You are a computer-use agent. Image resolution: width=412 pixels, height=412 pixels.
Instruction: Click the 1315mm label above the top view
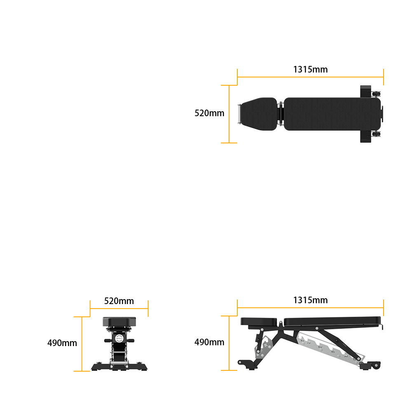point(310,69)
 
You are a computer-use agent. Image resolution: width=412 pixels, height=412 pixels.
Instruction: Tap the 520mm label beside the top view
point(209,113)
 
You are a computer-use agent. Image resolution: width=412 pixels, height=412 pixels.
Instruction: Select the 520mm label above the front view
point(119,301)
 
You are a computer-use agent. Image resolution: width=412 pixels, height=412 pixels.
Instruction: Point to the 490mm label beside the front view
point(62,343)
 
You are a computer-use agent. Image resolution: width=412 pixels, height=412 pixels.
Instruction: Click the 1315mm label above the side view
point(310,300)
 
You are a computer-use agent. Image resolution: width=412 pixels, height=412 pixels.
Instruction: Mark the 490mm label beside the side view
point(209,342)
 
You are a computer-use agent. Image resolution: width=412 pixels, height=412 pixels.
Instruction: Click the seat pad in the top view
point(260,114)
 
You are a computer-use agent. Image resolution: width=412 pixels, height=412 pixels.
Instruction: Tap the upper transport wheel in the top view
point(377,94)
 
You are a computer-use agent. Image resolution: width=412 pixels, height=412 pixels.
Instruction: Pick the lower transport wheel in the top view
point(377,134)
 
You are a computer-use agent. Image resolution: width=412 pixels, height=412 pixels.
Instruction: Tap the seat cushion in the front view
point(119,321)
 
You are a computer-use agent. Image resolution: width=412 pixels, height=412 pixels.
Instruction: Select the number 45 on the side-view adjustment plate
point(333,351)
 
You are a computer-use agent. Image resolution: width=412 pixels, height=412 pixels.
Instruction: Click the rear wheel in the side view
point(376,365)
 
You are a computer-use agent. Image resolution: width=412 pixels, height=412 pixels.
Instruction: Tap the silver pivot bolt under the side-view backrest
point(317,328)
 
